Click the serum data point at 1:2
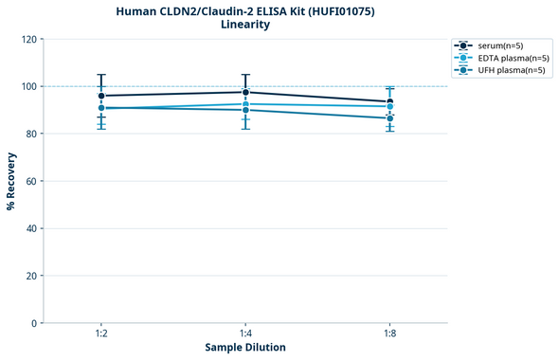coord(101,96)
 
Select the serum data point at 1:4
coord(245,92)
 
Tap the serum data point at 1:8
coord(389,102)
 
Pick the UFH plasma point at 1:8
coord(389,118)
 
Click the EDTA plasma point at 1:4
coord(245,104)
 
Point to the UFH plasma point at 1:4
coord(245,110)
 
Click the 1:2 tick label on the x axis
coord(101,334)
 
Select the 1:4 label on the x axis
coord(245,334)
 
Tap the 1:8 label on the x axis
coord(389,334)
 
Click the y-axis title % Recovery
coord(11,181)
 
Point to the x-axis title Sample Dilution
coord(245,348)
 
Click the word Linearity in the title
coord(245,25)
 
